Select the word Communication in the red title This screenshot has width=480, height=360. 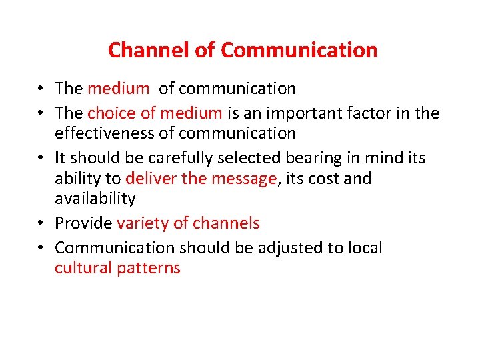click(x=299, y=50)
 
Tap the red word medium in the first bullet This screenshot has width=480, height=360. click(x=119, y=89)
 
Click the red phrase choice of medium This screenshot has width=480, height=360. click(x=155, y=113)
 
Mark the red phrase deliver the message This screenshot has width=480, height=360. click(x=201, y=179)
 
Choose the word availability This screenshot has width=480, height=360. click(x=95, y=199)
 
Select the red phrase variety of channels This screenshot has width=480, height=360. click(x=188, y=223)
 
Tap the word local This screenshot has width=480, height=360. click(x=364, y=248)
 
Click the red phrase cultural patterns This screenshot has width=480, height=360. click(x=117, y=268)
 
